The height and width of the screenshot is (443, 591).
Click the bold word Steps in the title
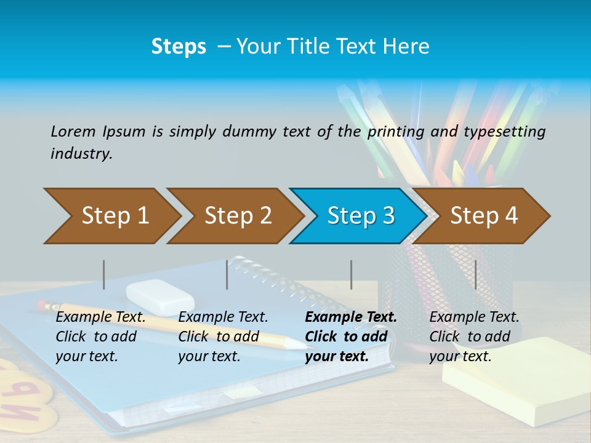(x=179, y=46)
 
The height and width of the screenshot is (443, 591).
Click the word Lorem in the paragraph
(x=73, y=131)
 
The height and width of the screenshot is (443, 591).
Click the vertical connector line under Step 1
(x=104, y=274)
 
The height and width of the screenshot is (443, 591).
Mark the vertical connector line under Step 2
(x=227, y=274)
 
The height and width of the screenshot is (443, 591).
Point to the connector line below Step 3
(x=351, y=274)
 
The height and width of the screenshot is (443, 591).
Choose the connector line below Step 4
(x=475, y=274)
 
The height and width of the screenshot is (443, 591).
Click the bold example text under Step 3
(x=350, y=337)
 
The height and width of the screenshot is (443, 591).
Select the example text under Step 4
(x=473, y=337)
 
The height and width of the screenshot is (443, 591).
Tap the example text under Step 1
(x=100, y=337)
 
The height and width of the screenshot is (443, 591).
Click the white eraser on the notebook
(x=160, y=295)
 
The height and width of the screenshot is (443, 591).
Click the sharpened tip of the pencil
(x=302, y=345)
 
